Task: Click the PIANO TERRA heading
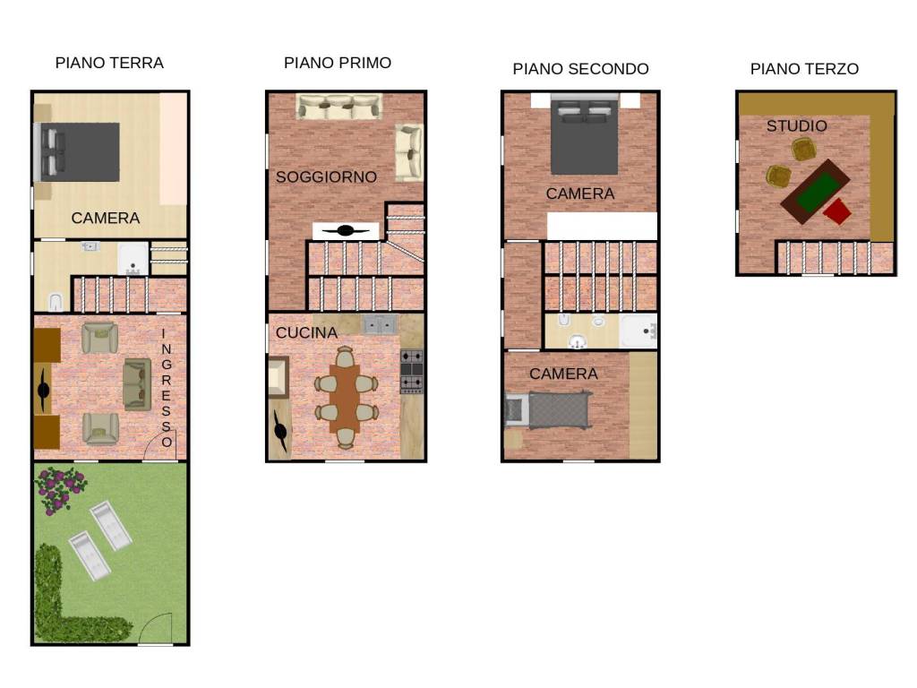pyautogui.click(x=109, y=63)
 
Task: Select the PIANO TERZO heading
pyautogui.click(x=804, y=69)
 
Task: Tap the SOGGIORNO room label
pyautogui.click(x=326, y=176)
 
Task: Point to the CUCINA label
pyautogui.click(x=306, y=333)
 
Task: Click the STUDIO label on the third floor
pyautogui.click(x=796, y=125)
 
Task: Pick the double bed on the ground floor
pyautogui.click(x=77, y=152)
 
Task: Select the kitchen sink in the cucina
pyautogui.click(x=379, y=324)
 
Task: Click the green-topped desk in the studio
pyautogui.click(x=815, y=191)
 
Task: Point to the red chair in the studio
pyautogui.click(x=837, y=211)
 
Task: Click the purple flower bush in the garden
pyautogui.click(x=60, y=490)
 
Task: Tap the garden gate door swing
pyautogui.click(x=157, y=628)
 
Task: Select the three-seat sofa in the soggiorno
pyautogui.click(x=339, y=107)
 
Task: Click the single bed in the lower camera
pyautogui.click(x=547, y=410)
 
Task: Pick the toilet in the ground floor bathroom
pyautogui.click(x=56, y=302)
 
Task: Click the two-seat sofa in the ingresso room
pyautogui.click(x=137, y=384)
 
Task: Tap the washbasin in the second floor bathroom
pyautogui.click(x=578, y=341)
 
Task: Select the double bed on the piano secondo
pyautogui.click(x=584, y=137)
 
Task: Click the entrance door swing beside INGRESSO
pyautogui.click(x=159, y=447)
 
